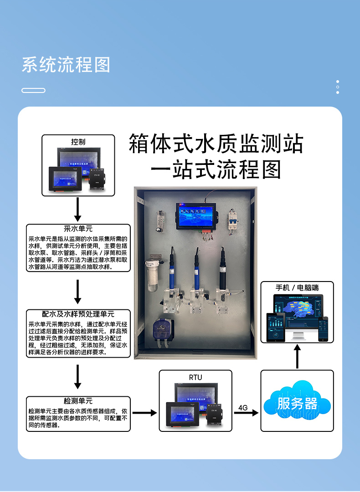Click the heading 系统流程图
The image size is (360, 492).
[66, 65]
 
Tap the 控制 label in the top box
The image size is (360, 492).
[78, 142]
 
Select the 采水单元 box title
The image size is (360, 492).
[78, 229]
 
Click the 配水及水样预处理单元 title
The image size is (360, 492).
[78, 314]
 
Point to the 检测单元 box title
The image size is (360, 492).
[78, 401]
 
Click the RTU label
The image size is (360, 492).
[195, 377]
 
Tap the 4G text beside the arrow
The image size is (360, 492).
[243, 408]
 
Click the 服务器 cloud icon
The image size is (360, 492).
[297, 403]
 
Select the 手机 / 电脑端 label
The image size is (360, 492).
[297, 288]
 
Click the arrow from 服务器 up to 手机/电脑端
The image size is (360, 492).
[297, 356]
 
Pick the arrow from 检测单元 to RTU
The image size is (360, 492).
[144, 413]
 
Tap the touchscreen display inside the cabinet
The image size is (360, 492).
[197, 214]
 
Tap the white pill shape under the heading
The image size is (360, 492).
[33, 90]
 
